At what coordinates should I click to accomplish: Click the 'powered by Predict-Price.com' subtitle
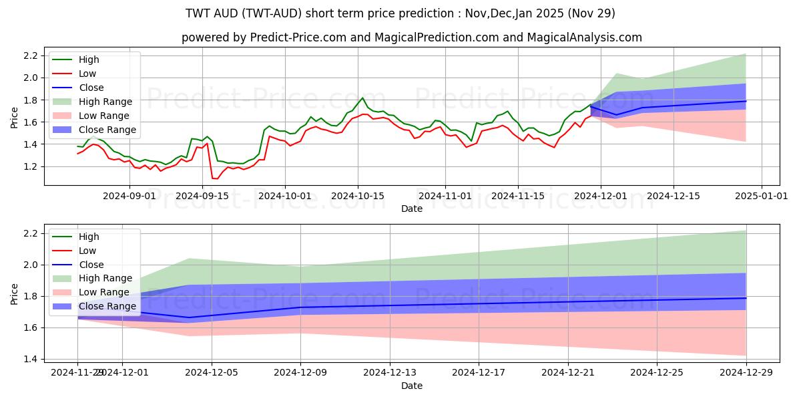411,37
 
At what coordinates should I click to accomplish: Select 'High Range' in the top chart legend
105,102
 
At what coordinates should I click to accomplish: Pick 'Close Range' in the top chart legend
107,130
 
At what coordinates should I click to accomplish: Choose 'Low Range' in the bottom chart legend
104,293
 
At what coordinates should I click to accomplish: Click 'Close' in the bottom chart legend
91,265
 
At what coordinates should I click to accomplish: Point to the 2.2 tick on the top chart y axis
31,55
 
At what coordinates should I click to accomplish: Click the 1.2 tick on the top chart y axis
31,166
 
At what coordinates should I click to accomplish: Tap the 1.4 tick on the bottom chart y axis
31,360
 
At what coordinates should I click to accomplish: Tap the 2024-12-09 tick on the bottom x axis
300,372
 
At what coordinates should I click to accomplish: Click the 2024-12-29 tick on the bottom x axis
746,372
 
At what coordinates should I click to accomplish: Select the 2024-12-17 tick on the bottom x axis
479,372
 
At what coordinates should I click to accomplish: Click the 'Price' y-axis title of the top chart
15,118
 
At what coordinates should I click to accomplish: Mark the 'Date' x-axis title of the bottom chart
411,386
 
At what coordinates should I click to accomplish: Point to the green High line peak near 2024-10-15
362,98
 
